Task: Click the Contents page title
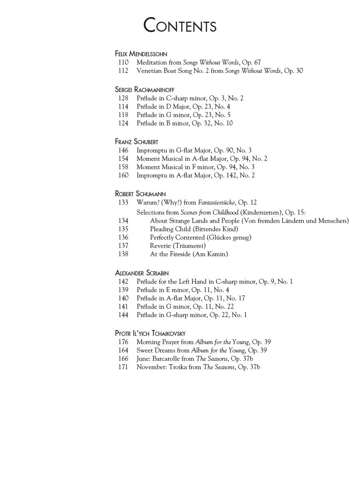[180, 26]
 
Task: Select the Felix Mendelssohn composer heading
[141, 54]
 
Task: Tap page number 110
[123, 62]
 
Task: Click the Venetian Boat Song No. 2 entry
[220, 71]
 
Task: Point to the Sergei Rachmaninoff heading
[145, 90]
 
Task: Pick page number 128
[123, 98]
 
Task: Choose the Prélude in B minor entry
[185, 123]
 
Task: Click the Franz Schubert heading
[136, 142]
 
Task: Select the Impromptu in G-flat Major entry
[194, 150]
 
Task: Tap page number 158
[123, 167]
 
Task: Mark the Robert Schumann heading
[140, 194]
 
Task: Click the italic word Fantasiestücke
[216, 202]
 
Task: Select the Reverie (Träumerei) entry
[177, 246]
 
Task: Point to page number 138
[123, 254]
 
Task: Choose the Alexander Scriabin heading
[142, 273]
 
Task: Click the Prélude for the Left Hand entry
[215, 282]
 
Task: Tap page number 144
[123, 315]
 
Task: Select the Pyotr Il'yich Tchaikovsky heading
[150, 333]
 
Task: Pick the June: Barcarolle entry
[195, 359]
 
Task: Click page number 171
[123, 367]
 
